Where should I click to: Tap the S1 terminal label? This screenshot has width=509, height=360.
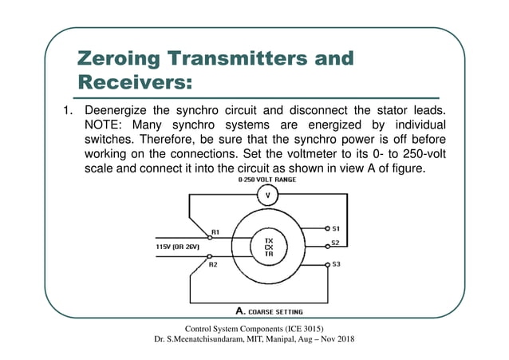(x=336, y=227)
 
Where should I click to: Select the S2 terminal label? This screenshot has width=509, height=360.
(x=336, y=243)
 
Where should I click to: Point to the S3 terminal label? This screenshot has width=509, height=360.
(x=336, y=263)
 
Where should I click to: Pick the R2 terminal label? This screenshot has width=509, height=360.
(x=213, y=263)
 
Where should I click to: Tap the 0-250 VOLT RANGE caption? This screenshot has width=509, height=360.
(x=266, y=180)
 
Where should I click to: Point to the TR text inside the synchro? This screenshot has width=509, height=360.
(x=269, y=255)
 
